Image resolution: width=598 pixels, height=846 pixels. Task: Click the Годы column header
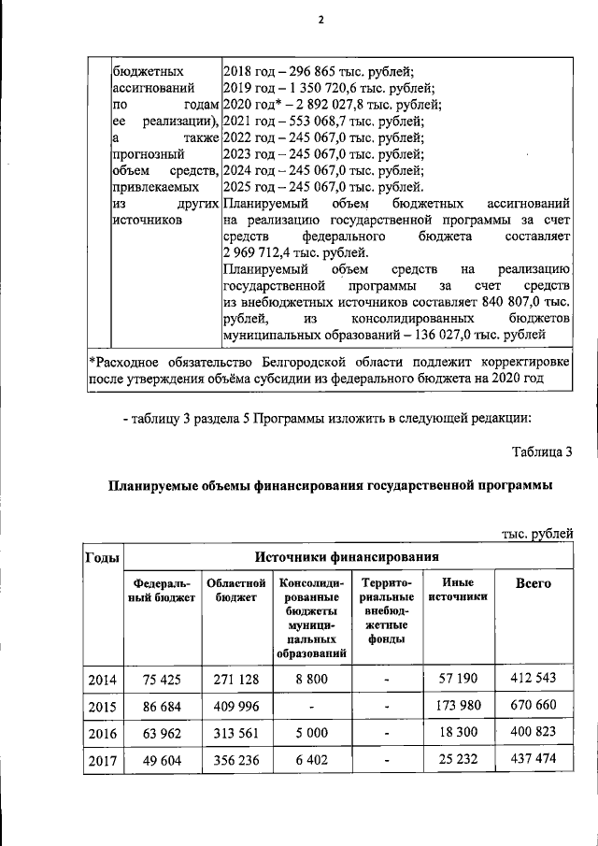click(x=102, y=557)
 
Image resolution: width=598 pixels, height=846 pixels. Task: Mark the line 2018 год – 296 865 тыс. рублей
click(x=319, y=71)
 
